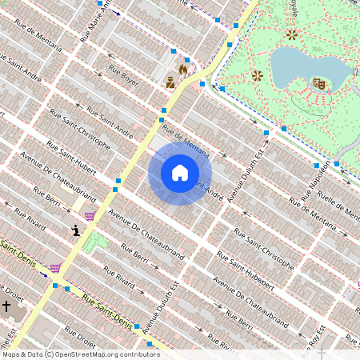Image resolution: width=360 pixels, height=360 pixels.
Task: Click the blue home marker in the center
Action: point(180,173)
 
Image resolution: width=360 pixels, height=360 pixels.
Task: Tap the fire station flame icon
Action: point(183,70)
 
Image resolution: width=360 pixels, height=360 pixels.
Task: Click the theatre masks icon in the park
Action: point(318,82)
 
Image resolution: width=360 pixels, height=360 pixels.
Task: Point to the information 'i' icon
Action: point(76,230)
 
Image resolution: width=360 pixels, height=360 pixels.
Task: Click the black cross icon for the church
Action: point(6,306)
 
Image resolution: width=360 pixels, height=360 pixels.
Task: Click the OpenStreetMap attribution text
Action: point(81,354)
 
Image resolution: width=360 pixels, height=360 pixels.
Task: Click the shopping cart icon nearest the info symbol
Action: point(90,215)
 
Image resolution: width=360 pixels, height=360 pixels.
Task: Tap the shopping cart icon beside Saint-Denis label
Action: point(54,268)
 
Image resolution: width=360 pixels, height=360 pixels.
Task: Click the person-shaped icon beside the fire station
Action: point(170,82)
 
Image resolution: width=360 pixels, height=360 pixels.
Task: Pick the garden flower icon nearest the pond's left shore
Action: point(257,76)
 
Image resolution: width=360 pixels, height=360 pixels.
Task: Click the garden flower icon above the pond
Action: point(292,34)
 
